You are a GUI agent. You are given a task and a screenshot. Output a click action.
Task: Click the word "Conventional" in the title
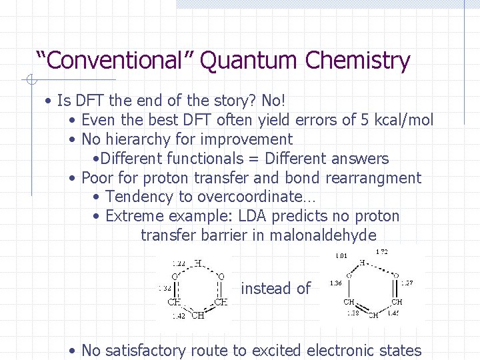click(114, 61)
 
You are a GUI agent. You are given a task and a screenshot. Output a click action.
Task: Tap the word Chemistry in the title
click(358, 61)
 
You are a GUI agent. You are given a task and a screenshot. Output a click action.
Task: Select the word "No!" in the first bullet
click(273, 101)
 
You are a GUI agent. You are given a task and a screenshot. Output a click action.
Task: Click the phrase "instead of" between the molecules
click(275, 289)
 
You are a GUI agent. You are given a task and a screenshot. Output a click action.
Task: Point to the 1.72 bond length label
click(382, 252)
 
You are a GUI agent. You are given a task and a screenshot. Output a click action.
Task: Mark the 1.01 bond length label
click(341, 255)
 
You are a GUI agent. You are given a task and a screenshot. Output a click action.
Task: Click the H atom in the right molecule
click(361, 262)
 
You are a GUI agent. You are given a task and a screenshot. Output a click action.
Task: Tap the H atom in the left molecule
click(198, 263)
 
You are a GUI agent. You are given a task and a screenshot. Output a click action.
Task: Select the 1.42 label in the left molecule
click(179, 316)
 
